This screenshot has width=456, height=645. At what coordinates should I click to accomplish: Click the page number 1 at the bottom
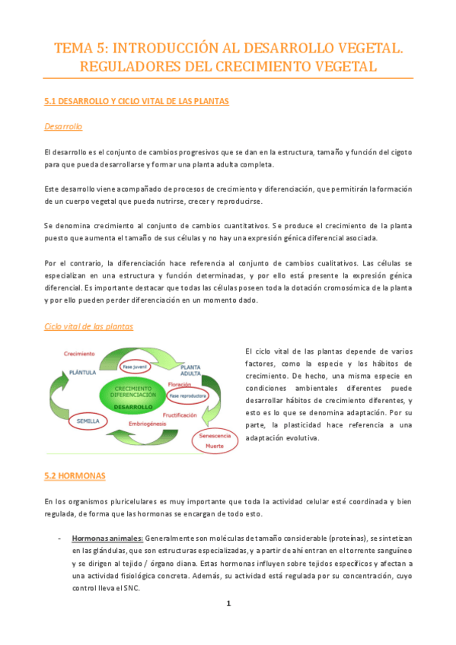pos(227,603)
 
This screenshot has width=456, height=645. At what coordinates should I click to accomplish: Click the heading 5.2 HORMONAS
pos(75,476)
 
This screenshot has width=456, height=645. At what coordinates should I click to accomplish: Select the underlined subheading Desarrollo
pos(63,126)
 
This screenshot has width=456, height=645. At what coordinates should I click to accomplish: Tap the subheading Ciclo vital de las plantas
pos(89,326)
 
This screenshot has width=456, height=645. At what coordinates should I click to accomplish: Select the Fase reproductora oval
pos(187,396)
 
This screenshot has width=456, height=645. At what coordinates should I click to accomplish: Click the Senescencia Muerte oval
pos(215,440)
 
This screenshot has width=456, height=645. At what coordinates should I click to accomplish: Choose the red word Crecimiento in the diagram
pos(79,354)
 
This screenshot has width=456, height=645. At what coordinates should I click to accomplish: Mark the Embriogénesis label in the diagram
pos(149,424)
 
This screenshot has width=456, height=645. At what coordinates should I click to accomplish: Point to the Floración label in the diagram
pos(178,385)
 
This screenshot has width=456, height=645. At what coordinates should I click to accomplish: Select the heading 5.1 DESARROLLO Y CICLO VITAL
pos(137,100)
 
